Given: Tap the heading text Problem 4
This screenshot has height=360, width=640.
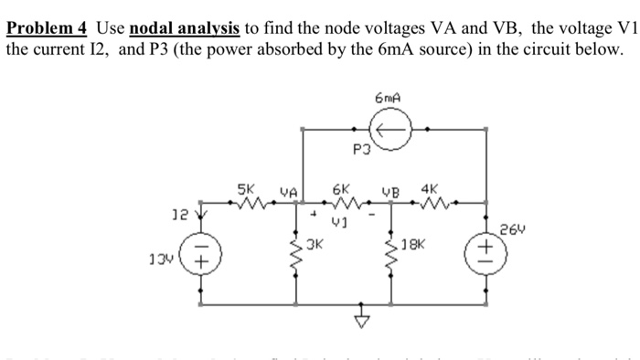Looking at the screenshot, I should point(46,26).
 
